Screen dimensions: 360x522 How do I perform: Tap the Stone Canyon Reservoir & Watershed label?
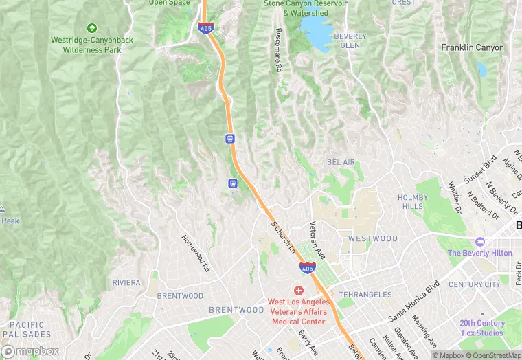(x=306, y=8)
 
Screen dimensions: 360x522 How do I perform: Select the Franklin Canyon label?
(x=472, y=48)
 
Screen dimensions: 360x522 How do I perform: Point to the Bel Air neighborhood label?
(x=341, y=162)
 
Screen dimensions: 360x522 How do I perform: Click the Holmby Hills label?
(x=412, y=202)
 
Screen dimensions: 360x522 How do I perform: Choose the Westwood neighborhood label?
(x=372, y=238)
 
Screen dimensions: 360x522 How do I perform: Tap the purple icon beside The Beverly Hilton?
(x=479, y=243)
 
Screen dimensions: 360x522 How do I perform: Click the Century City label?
(x=475, y=284)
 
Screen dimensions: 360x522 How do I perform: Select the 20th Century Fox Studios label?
(x=481, y=328)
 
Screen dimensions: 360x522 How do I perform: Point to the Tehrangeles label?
(x=365, y=295)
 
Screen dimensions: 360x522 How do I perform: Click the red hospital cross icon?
(x=299, y=291)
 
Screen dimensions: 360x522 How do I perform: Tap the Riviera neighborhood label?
(x=126, y=282)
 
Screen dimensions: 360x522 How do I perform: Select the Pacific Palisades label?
(x=27, y=329)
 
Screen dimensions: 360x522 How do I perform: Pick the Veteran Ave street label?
(x=318, y=240)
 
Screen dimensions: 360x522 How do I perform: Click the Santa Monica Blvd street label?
(x=413, y=301)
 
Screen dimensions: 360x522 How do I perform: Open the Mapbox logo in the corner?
(x=30, y=351)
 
